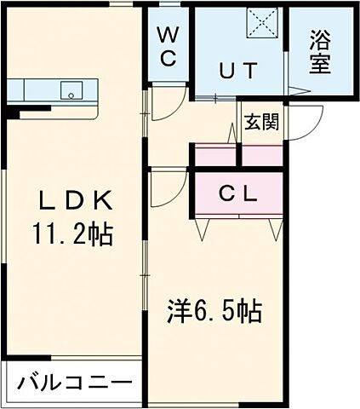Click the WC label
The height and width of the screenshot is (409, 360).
pos(168,48)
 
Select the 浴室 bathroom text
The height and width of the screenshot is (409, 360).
pos(320,52)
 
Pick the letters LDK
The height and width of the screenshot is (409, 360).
pos(72,200)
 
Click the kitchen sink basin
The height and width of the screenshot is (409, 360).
pos(67,89)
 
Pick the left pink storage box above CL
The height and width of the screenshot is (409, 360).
pos(214,156)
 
